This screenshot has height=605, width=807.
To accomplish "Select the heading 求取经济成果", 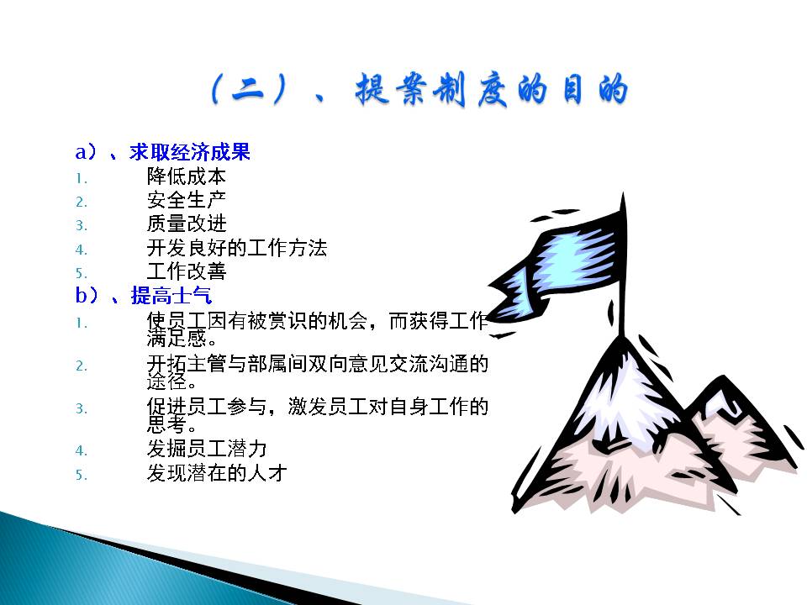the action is (189, 152).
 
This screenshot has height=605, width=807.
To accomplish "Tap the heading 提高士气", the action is (171, 295).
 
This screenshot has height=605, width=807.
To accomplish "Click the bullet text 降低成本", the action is (187, 176).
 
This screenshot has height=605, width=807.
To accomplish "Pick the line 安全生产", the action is (187, 200).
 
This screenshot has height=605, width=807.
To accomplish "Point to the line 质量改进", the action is (187, 224).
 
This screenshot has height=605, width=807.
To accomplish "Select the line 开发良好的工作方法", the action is (237, 248).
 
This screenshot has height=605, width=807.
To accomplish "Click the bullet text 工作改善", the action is (187, 271).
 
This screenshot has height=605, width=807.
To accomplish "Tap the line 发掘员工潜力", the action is (207, 449).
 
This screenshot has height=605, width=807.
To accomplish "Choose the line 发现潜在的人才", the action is (217, 473).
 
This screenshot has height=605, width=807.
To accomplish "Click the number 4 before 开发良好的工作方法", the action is (82, 250).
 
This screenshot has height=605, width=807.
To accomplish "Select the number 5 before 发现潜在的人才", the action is (82, 474).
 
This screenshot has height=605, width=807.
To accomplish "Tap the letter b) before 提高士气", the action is (87, 295).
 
